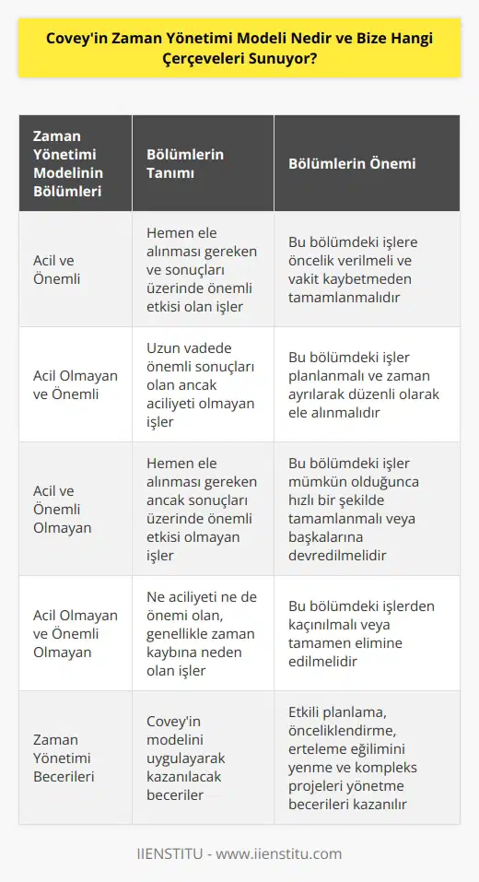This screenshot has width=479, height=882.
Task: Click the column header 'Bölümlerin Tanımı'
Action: pyautogui.click(x=187, y=164)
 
